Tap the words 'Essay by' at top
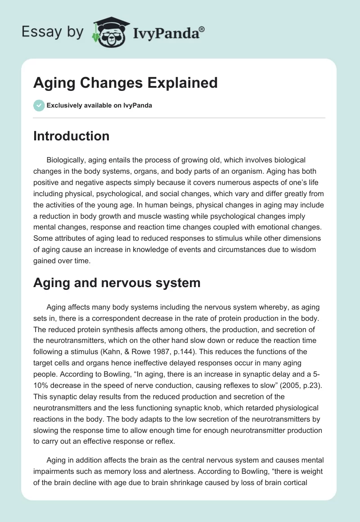(52, 32)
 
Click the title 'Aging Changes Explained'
(125, 82)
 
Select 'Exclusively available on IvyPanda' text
(99, 106)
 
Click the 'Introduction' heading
(71, 136)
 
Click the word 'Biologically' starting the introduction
(67, 160)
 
